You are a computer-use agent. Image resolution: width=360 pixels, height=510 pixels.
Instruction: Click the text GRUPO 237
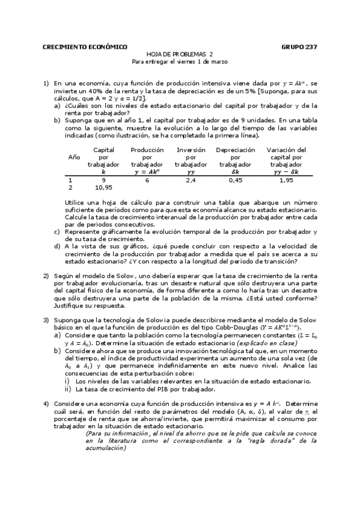click(299, 46)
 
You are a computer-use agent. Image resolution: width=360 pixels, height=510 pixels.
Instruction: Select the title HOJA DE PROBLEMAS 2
click(180, 54)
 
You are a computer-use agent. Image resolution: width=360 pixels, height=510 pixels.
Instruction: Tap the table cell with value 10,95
click(104, 187)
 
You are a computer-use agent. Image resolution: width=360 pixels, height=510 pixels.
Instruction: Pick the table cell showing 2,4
click(191, 179)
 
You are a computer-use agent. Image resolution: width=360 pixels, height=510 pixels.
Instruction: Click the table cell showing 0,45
click(236, 179)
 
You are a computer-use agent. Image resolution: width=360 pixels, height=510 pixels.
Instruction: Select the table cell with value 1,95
click(286, 179)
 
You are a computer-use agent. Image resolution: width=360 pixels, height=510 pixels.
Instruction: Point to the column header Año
click(74, 156)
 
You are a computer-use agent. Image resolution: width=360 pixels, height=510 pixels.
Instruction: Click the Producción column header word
click(147, 150)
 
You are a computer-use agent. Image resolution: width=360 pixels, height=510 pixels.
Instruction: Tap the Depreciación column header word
click(236, 150)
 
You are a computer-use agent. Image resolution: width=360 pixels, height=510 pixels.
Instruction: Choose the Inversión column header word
click(191, 150)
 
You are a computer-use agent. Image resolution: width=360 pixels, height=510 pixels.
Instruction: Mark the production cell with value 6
click(147, 179)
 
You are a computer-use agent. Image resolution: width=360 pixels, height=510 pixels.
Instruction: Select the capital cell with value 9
click(104, 179)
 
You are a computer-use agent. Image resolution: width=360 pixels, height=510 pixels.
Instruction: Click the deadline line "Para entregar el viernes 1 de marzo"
click(180, 61)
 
